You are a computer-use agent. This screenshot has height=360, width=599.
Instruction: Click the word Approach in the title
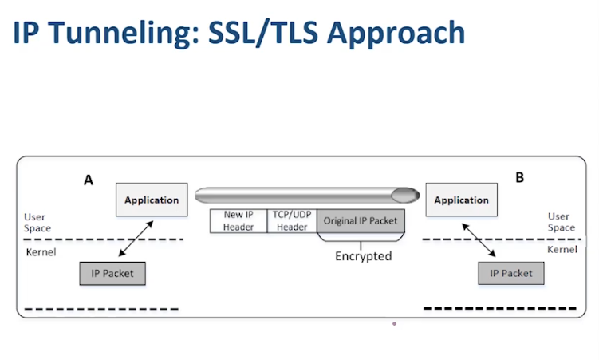pos(396,34)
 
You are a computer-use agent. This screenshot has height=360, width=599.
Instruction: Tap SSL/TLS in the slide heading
pos(263,33)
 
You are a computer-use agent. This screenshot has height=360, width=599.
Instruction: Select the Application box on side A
pos(152,200)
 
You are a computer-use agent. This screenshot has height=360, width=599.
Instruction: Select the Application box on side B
pos(462,200)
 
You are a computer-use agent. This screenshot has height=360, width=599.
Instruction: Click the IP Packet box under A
pos(112,273)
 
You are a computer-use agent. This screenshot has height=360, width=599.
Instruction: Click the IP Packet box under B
pos(511,273)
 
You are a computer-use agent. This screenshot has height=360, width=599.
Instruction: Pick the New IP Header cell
pos(238,221)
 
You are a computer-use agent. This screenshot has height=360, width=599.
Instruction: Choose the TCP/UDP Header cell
pos(292,221)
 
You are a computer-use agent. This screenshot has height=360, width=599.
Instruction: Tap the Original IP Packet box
pos(361,221)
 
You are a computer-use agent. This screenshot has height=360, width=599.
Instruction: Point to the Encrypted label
pos(363,255)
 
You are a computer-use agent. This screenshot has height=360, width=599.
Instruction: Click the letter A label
pos(89,180)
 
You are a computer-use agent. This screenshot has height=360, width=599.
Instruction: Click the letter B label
pos(519,177)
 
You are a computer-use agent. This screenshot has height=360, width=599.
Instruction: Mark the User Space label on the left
pos(37,223)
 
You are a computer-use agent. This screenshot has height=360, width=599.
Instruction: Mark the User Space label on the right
pos(562,222)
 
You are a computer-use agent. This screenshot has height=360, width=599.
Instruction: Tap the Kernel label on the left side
pos(41,252)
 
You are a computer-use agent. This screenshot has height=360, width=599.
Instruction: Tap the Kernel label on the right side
pos(562,250)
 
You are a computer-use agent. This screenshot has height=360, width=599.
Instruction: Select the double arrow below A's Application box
pos(136,239)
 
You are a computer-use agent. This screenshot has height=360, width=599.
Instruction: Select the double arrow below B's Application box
pos(479,240)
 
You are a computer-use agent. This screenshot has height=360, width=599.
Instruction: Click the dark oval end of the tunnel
pos(405,195)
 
